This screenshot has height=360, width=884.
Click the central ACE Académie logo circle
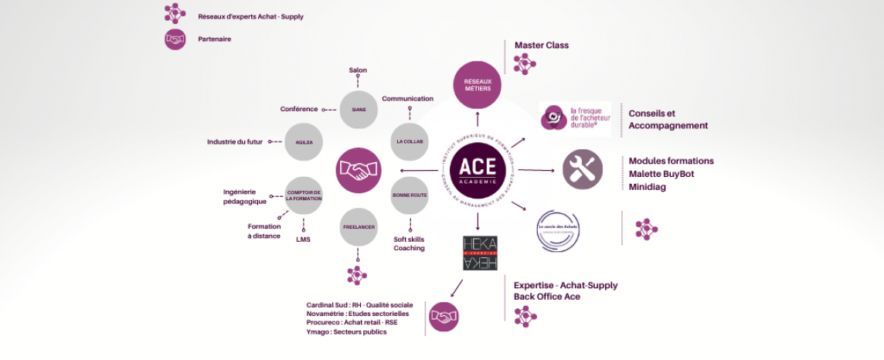(478, 169)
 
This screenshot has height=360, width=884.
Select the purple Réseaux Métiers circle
(477, 84)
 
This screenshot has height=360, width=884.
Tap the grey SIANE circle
(359, 110)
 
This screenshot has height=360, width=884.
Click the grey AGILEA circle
(304, 142)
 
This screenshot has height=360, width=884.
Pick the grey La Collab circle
(410, 142)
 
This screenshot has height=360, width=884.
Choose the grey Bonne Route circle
(410, 195)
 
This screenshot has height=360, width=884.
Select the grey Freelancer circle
(358, 228)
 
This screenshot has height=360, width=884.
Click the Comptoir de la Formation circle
(304, 195)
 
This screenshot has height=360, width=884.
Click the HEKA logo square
(480, 253)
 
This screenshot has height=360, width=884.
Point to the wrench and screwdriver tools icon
(583, 169)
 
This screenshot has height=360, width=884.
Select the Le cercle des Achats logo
(558, 229)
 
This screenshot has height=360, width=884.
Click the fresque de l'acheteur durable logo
(575, 118)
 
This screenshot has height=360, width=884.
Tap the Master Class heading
(542, 46)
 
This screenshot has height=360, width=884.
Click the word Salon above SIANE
(358, 70)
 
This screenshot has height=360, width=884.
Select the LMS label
(303, 239)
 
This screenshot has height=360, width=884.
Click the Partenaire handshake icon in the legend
(175, 39)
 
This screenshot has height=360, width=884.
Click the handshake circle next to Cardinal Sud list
(444, 317)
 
